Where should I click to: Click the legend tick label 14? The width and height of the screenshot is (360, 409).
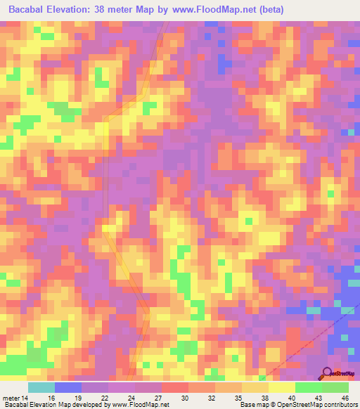click(x=25, y=398)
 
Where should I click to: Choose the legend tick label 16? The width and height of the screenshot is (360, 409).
click(x=51, y=398)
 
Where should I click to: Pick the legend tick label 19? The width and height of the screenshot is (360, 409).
click(x=77, y=398)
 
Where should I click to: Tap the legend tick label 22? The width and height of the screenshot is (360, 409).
click(x=104, y=398)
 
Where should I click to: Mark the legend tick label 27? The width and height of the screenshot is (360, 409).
click(x=157, y=398)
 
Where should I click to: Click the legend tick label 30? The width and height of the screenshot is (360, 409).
click(x=184, y=398)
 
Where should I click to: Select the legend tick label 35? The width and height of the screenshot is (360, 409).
click(x=238, y=398)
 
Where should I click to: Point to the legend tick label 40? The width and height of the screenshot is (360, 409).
click(x=291, y=398)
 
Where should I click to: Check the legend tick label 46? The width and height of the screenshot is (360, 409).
click(x=345, y=398)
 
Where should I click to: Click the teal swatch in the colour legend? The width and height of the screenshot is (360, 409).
click(x=41, y=387)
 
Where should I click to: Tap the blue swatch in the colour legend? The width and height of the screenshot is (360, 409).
click(x=68, y=387)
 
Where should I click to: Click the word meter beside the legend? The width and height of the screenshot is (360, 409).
click(x=11, y=398)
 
